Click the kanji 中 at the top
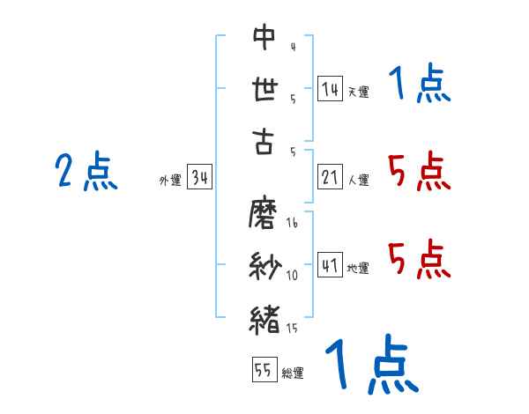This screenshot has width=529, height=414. (x=264, y=37)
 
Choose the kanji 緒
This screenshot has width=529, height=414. (x=264, y=318)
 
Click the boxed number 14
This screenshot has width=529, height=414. (x=330, y=89)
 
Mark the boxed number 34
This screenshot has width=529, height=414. (x=199, y=179)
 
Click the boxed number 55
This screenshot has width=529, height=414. (x=263, y=370)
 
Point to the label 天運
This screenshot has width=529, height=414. (x=358, y=92)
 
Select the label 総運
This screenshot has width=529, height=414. (x=293, y=373)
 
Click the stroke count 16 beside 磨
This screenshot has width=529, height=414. (x=292, y=224)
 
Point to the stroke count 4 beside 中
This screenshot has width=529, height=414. (x=293, y=47)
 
